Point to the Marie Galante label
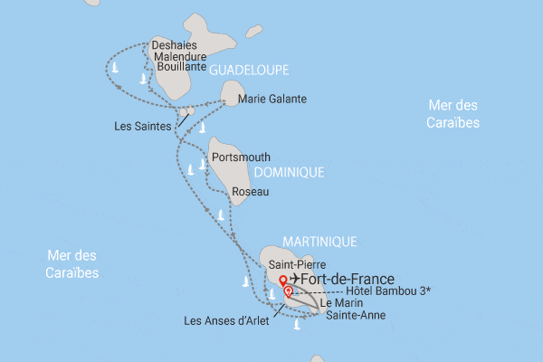[x=277, y=99]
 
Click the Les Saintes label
[x=144, y=126]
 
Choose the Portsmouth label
[x=240, y=157]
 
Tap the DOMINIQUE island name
[x=289, y=171]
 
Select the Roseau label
[x=248, y=192]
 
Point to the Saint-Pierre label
[x=291, y=264]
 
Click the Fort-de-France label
[x=353, y=280]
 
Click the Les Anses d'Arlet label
[x=225, y=319]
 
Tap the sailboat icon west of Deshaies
[x=115, y=68]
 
